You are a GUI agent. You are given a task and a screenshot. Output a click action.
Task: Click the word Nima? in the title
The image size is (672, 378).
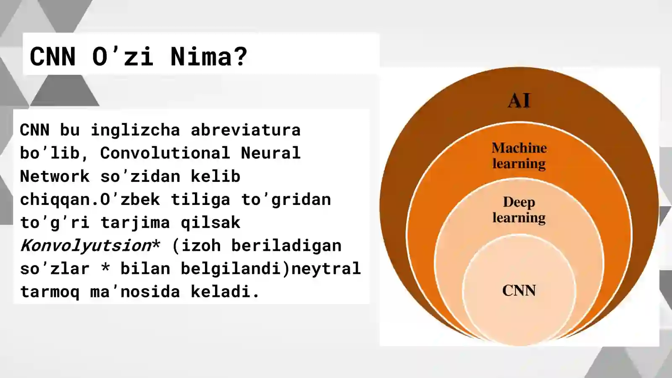(x=209, y=56)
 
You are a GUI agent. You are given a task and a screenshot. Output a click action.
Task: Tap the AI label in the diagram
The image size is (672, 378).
(x=519, y=101)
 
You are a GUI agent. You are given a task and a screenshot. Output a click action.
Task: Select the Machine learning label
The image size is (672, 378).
(x=519, y=155)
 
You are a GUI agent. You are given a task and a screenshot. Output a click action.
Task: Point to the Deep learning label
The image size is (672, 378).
(x=519, y=210)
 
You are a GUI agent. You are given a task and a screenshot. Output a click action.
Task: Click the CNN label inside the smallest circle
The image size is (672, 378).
(x=519, y=291)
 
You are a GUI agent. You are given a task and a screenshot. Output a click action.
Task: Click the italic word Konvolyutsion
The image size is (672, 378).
(x=86, y=246)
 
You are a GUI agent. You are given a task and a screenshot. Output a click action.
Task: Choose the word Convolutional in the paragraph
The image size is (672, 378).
(x=165, y=153)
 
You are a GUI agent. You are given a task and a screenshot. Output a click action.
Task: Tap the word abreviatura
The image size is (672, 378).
(x=246, y=130)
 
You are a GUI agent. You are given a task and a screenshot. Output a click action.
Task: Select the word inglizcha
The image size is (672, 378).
(x=135, y=130)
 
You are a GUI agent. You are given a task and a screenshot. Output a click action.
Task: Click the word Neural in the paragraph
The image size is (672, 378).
(x=271, y=153)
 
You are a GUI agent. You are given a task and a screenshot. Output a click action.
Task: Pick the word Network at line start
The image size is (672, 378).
(x=55, y=176)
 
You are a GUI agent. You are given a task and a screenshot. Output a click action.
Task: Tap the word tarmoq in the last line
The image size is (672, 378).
(x=50, y=292)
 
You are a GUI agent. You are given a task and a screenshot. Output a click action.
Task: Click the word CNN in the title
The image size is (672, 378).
(x=53, y=56)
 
